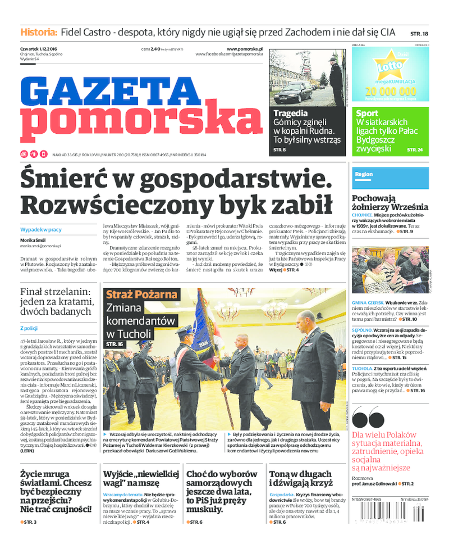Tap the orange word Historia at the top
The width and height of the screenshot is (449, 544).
tap(39, 32)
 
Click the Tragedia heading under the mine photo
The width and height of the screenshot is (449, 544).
tap(290, 113)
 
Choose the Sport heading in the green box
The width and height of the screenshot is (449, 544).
tap(367, 114)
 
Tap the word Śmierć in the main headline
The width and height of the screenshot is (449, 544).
tap(58, 180)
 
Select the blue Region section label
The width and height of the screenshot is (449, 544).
tap(364, 174)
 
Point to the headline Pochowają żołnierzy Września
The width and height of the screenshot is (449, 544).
tap(390, 202)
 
